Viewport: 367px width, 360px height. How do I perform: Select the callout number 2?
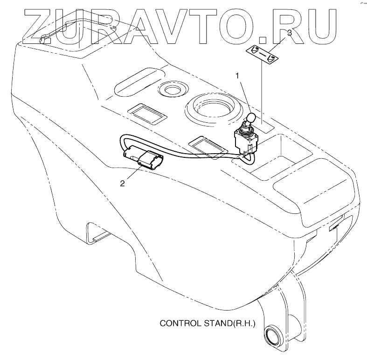click(123, 183)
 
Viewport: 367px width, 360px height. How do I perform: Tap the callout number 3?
click(290, 33)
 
